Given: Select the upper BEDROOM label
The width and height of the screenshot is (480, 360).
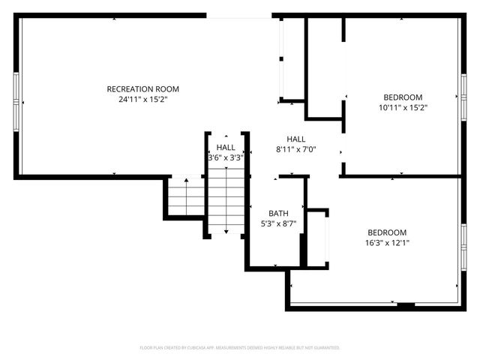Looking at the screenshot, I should pos(403,97).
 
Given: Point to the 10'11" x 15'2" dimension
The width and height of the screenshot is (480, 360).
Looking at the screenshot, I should pos(403,107).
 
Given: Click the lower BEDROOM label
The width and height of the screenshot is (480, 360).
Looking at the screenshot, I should pos(386,232).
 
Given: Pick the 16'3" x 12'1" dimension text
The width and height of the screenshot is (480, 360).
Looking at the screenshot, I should pos(386,242).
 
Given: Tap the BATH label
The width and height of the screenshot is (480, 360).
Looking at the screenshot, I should pos(278,213).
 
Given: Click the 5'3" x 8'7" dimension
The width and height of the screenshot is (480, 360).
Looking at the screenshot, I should pos(278,223).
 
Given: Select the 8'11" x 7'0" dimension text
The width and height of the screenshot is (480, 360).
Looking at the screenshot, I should pos(296,149).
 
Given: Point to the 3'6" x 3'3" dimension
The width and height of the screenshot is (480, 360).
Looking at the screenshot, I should pos(226,157).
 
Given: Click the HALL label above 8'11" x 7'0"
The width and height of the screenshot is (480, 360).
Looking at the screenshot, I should pos(296,139).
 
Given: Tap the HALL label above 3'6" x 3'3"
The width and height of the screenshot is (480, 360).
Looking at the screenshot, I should pos(226,148).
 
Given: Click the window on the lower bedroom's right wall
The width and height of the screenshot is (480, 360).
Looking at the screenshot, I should pos(463,247).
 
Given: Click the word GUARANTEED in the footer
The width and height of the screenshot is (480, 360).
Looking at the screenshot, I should pos(324,348).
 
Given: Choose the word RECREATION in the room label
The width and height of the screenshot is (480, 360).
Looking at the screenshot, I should pos(130,89).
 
